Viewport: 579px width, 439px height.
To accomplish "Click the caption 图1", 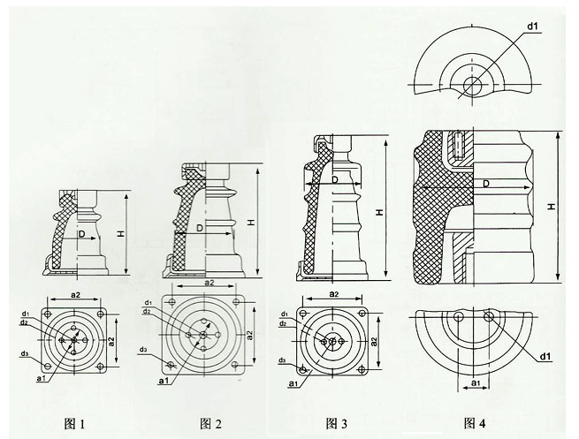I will click(x=73, y=423).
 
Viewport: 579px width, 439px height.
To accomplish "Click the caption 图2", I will click(x=210, y=423).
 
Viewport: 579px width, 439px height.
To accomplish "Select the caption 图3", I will click(x=337, y=423).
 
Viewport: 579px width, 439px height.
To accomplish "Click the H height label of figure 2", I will click(x=250, y=221).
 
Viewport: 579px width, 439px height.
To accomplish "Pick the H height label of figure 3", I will click(x=379, y=213).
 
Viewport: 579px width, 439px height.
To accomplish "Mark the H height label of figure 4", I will click(x=550, y=205).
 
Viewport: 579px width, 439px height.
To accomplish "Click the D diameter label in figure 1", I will click(x=80, y=236).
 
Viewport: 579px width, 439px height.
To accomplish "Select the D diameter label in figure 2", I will click(x=200, y=227).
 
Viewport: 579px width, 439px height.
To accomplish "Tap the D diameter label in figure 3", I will click(x=336, y=182).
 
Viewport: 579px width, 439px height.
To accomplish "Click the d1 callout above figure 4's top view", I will click(x=533, y=27).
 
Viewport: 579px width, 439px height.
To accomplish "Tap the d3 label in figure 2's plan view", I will click(x=143, y=350).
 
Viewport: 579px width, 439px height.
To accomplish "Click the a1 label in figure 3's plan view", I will click(x=292, y=386).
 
